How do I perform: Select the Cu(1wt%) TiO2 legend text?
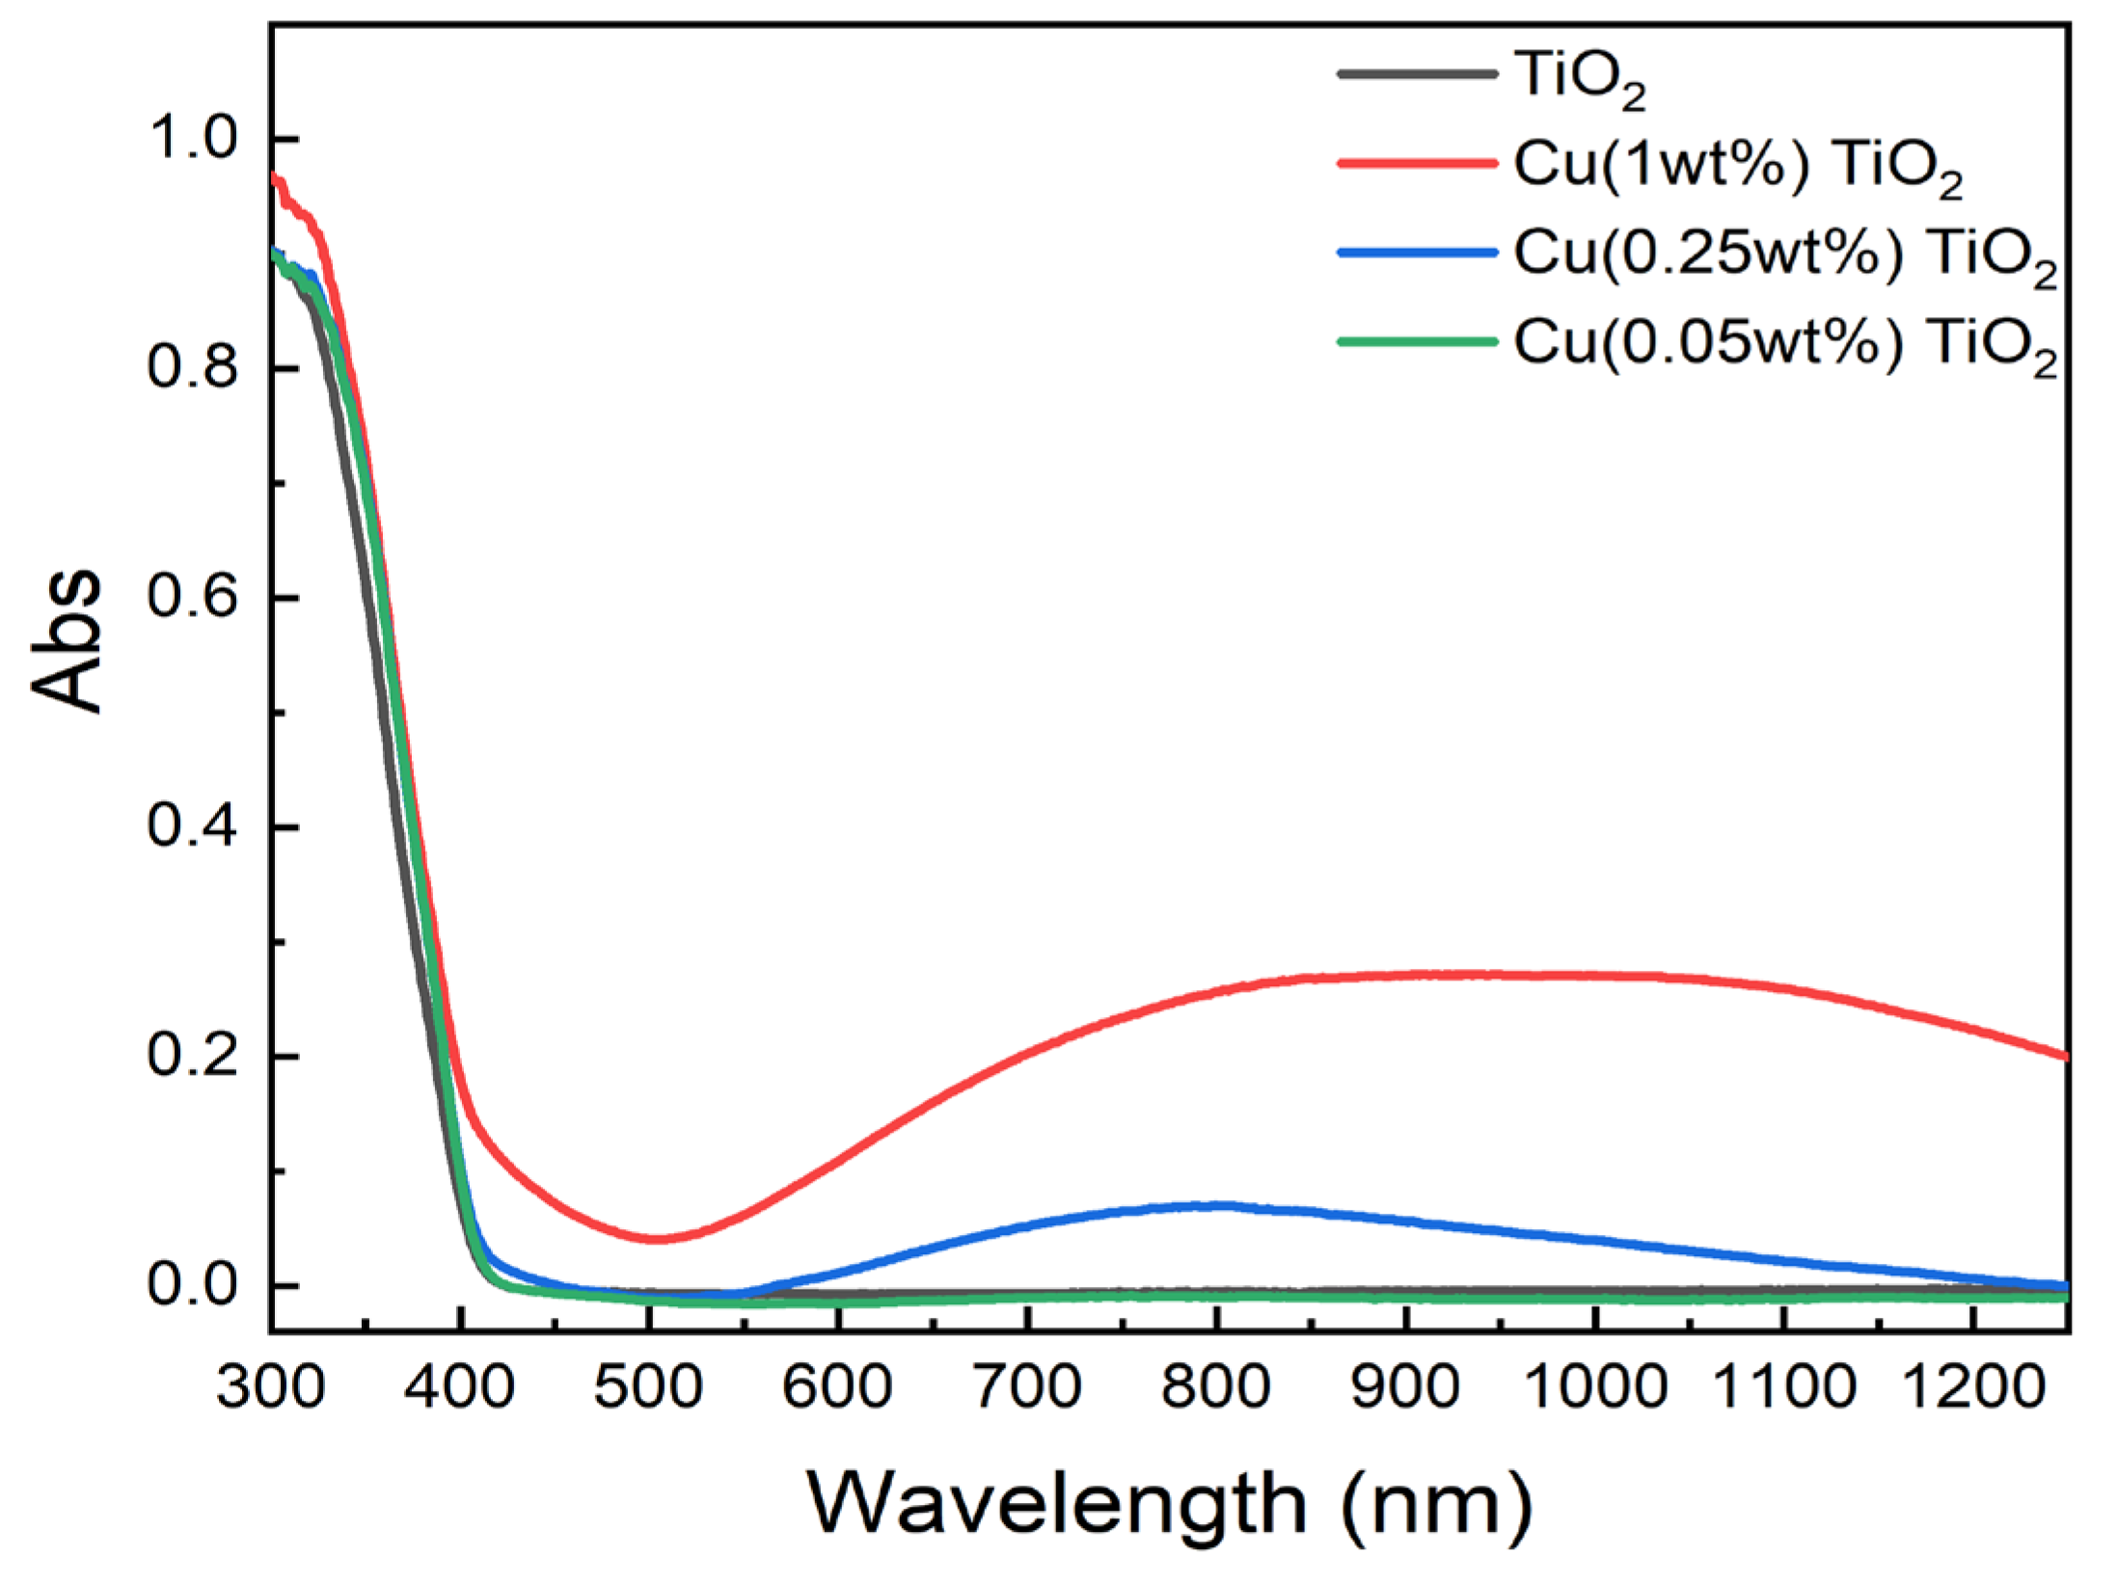[1737, 167]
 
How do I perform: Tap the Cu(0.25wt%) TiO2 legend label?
[1784, 256]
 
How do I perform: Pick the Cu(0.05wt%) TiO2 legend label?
[1784, 345]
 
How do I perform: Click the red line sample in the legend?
[1416, 163]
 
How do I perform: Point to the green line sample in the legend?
[1416, 341]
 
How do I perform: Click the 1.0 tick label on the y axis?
[192, 139]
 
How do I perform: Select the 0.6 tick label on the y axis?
[192, 598]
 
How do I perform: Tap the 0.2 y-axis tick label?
[192, 1056]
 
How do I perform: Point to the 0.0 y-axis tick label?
[192, 1285]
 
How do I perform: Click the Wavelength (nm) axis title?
[1169, 1505]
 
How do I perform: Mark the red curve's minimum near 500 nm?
[655, 1239]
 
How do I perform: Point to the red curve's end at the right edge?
[2065, 1056]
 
